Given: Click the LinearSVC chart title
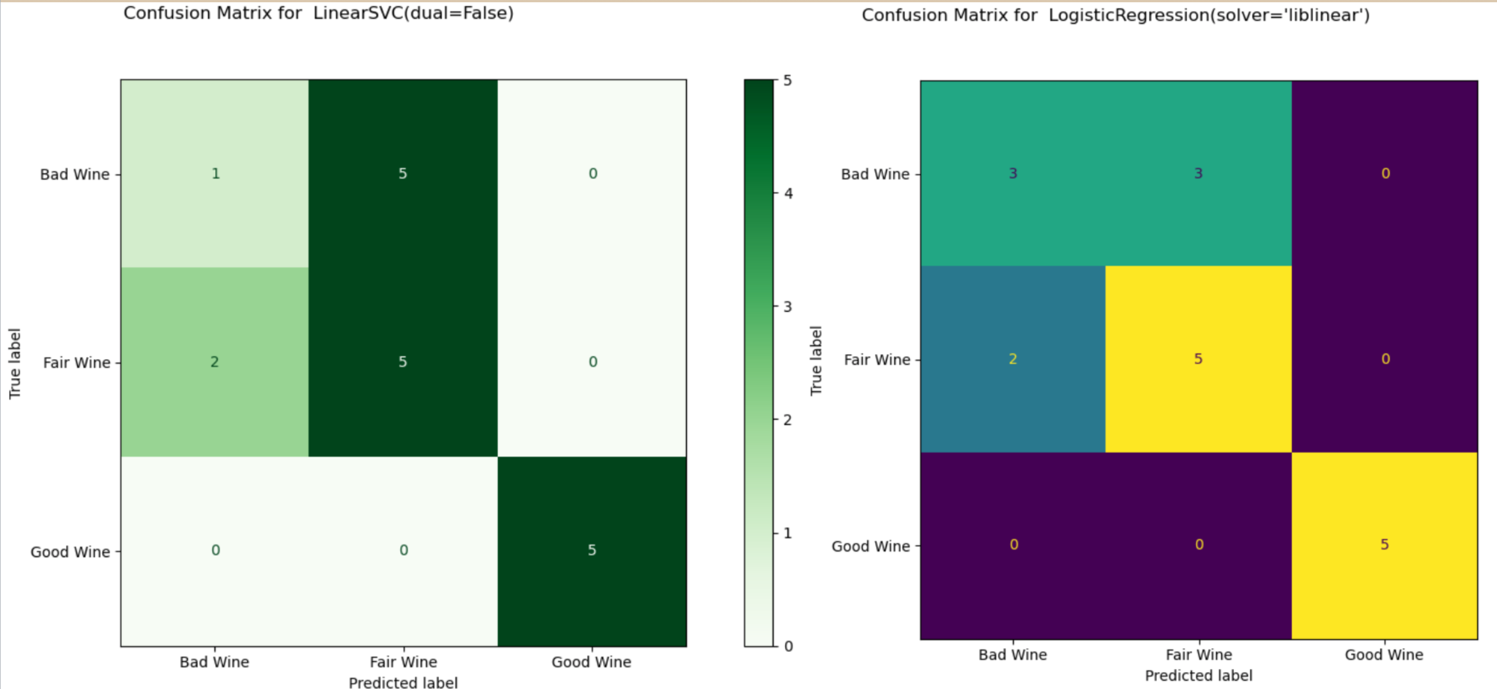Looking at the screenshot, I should pos(318,13).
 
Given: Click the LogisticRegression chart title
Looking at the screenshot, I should pos(1115,15).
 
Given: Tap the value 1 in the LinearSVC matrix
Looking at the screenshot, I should pos(215,173).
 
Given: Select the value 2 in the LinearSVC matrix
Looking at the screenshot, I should pos(215,361).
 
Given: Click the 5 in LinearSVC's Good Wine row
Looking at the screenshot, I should pos(592,550).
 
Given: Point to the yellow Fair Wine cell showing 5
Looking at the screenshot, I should pos(1198,359).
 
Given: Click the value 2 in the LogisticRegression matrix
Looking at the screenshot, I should pos(1012,359).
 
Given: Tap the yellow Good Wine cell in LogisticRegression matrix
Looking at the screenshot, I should pos(1384,545).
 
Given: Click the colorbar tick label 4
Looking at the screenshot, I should pos(788,193).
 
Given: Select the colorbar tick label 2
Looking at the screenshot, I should pos(788,420).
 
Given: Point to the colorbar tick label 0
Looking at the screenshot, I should pos(788,646).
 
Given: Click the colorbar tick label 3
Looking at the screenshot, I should pos(788,307).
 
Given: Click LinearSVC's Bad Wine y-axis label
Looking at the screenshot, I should pos(74,174).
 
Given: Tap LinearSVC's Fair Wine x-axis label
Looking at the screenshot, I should pos(403,662).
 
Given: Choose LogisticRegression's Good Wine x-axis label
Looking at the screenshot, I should pos(1384,654).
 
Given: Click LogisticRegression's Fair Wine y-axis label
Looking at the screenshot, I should pos(877,359).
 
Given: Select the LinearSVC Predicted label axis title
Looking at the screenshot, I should pos(403,683).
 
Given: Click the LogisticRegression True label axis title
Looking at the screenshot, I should pos(816,360).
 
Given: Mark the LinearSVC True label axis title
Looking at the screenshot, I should pos(15,363).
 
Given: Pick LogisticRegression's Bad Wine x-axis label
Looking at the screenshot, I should pos(1012,654).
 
